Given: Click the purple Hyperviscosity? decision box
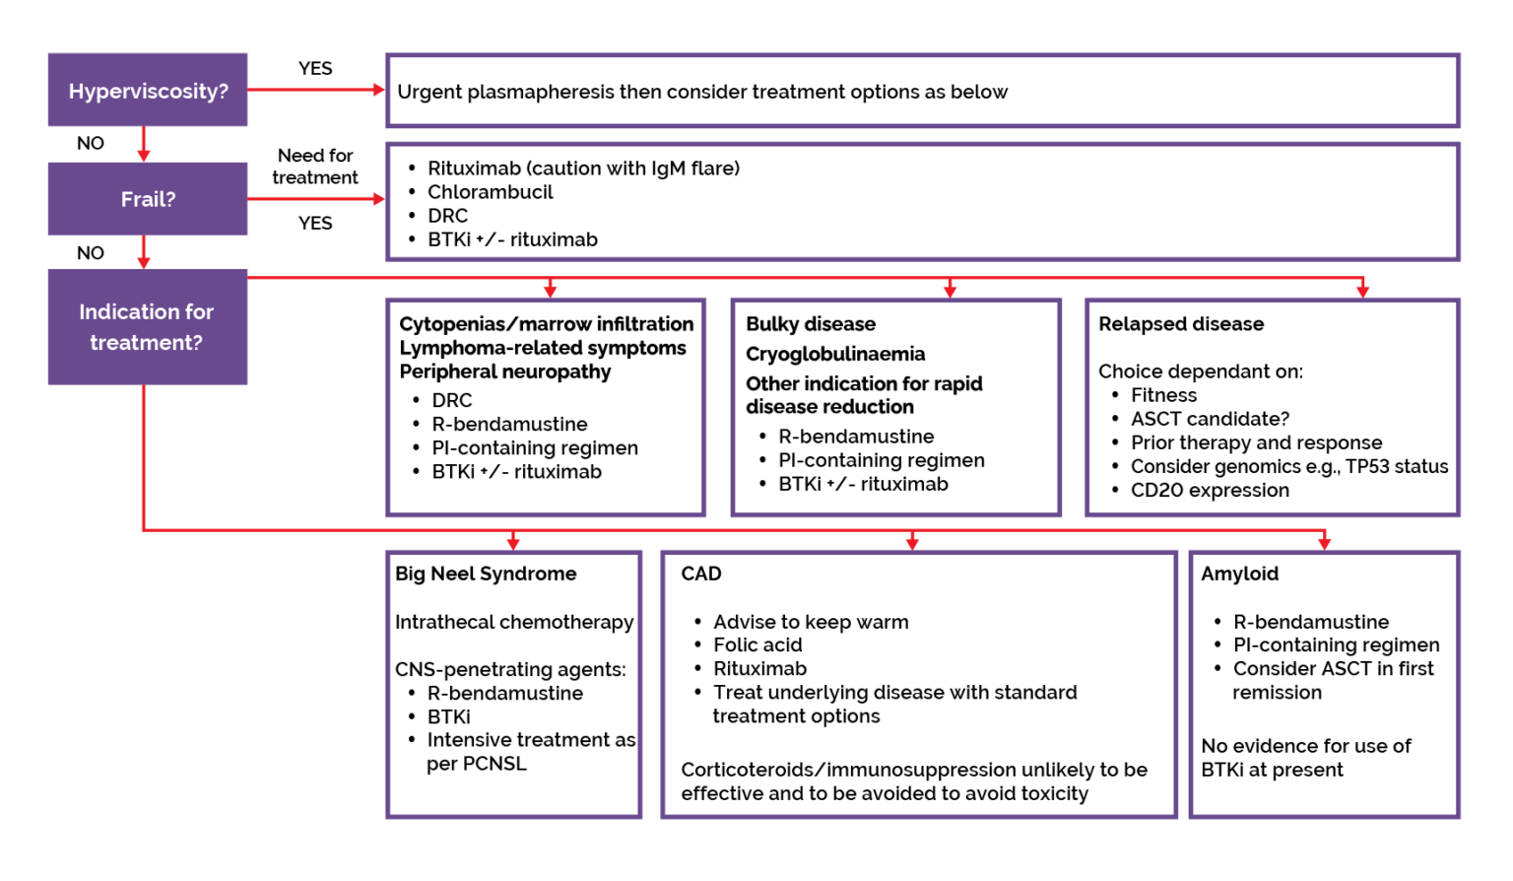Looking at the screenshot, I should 148,91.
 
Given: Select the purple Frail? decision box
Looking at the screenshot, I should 148,199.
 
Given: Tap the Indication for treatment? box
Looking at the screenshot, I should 147,327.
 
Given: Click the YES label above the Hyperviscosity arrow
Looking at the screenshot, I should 315,68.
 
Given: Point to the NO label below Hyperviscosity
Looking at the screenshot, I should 91,143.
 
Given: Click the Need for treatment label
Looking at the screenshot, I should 315,167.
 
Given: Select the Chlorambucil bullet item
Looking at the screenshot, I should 490,192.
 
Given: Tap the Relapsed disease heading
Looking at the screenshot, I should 1181,324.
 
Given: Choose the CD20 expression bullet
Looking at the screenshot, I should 1210,490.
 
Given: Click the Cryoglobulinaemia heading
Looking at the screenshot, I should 835,354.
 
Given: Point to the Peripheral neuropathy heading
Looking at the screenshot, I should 505,372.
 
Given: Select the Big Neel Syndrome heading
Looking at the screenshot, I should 486,574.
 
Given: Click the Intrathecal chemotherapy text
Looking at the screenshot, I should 514,622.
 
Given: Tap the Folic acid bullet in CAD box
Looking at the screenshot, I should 757,644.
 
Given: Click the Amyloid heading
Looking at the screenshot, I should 1239,574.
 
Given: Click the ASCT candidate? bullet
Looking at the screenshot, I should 1210,419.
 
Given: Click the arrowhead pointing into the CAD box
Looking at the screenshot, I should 912,543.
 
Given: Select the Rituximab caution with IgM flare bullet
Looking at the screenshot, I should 583,169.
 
